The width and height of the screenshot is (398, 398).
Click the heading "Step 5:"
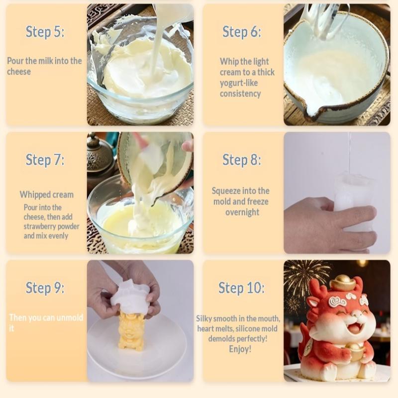click(x=45, y=32)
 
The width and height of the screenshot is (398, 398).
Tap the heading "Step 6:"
click(x=241, y=32)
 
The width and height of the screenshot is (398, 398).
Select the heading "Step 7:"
click(x=45, y=160)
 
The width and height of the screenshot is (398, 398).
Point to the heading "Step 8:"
click(x=241, y=160)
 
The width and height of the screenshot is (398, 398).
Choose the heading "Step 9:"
click(x=45, y=288)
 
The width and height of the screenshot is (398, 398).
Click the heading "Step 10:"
click(x=241, y=288)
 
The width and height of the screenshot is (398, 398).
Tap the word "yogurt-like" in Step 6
click(x=239, y=83)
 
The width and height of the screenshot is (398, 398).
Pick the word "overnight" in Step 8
click(x=242, y=212)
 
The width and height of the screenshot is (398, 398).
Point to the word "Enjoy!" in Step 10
click(x=240, y=349)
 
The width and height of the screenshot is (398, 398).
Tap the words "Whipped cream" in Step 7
click(x=46, y=195)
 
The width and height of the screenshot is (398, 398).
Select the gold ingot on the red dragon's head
click(x=345, y=283)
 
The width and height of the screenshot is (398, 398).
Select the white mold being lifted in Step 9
click(x=130, y=298)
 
